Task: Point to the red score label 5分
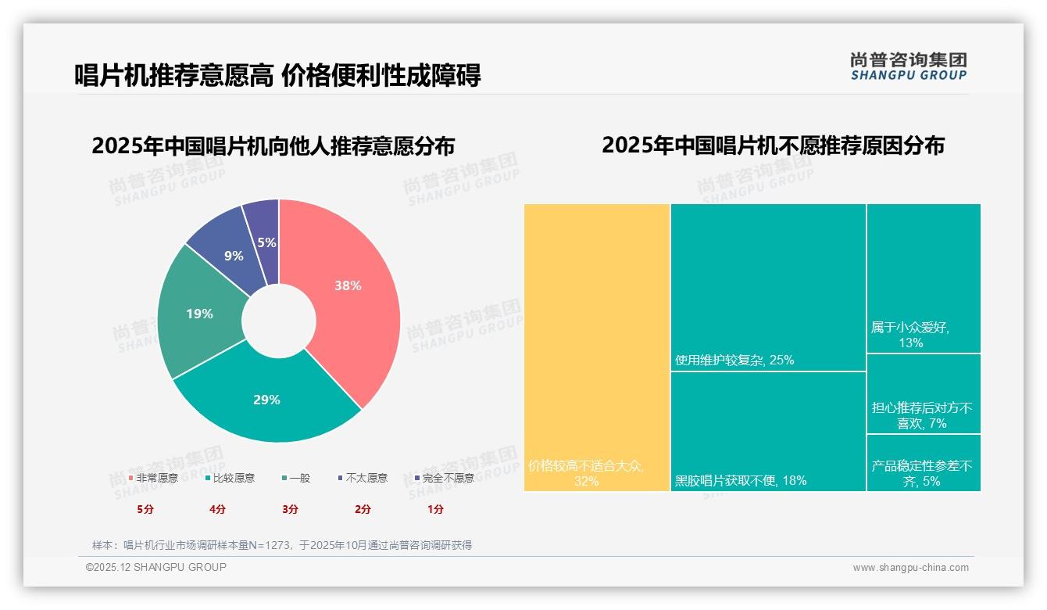tap(145, 509)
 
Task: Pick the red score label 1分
tap(435, 509)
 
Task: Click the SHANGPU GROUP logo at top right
tap(908, 66)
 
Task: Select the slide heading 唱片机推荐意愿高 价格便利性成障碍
tap(277, 75)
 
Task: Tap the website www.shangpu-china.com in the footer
tap(910, 568)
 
